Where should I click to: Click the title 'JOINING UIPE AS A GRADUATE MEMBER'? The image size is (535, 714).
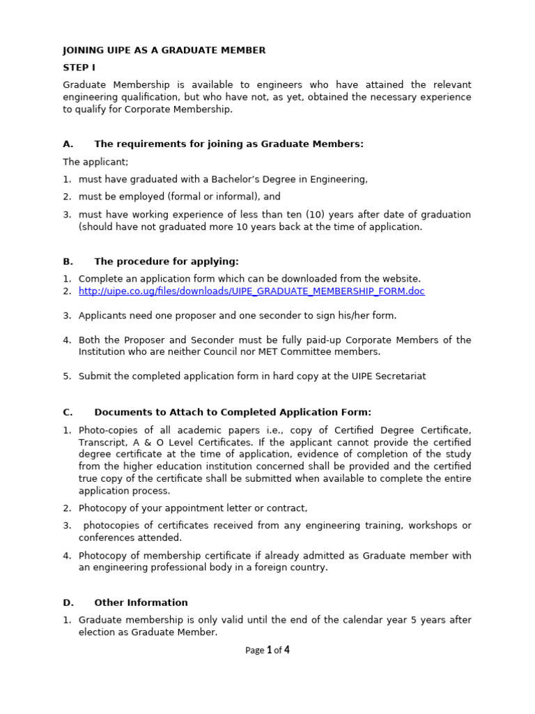point(164,50)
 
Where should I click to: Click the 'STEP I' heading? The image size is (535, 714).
point(79,68)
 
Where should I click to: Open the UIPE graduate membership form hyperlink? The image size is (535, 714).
point(251,291)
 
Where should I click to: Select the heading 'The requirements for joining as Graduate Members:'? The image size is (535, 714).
point(228,144)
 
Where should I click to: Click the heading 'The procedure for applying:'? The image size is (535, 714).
point(166,261)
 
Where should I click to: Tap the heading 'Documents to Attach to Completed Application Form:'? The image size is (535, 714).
point(233,412)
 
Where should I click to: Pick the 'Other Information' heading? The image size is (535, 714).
point(141,602)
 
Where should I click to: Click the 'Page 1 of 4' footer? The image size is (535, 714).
point(267,650)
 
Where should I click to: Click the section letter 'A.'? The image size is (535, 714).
point(68,144)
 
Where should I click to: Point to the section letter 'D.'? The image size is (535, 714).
point(68,602)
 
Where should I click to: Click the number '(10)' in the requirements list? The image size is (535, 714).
point(317,215)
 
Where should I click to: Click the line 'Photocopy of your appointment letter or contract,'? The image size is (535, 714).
point(193,508)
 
